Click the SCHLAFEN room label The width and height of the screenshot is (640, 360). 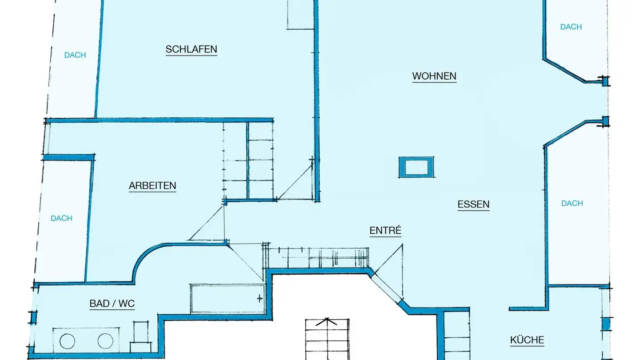pyautogui.click(x=191, y=49)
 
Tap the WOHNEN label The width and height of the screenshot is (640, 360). pyautogui.click(x=434, y=76)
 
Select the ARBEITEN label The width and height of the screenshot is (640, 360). pyautogui.click(x=152, y=185)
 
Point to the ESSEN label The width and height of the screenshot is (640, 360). pyautogui.click(x=473, y=204)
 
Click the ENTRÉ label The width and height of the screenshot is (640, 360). pyautogui.click(x=385, y=231)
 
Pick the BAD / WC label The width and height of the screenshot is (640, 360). pyautogui.click(x=112, y=304)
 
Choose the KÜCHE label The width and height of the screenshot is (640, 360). pyautogui.click(x=527, y=340)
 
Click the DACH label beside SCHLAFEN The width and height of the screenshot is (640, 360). pyautogui.click(x=75, y=55)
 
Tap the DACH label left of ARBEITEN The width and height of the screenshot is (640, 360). pyautogui.click(x=61, y=218)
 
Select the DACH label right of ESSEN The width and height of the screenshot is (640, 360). pyautogui.click(x=572, y=203)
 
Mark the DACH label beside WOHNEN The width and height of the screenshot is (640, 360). pyautogui.click(x=571, y=27)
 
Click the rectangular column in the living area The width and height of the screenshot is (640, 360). pyautogui.click(x=416, y=167)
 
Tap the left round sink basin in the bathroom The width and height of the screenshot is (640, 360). pyautogui.click(x=67, y=341)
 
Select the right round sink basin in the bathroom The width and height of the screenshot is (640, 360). pyautogui.click(x=105, y=341)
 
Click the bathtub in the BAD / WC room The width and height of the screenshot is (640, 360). pyautogui.click(x=228, y=298)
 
